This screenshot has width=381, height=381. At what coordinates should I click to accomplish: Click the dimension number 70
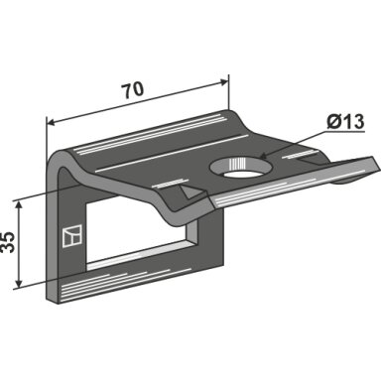[x=133, y=91]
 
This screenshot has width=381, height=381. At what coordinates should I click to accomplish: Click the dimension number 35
[x=8, y=243]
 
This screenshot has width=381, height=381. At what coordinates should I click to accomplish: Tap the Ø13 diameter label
[x=345, y=122]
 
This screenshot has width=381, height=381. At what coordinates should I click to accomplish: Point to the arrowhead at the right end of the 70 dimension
[x=223, y=81]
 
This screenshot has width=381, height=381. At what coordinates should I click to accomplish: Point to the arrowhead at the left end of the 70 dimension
[x=52, y=122]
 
